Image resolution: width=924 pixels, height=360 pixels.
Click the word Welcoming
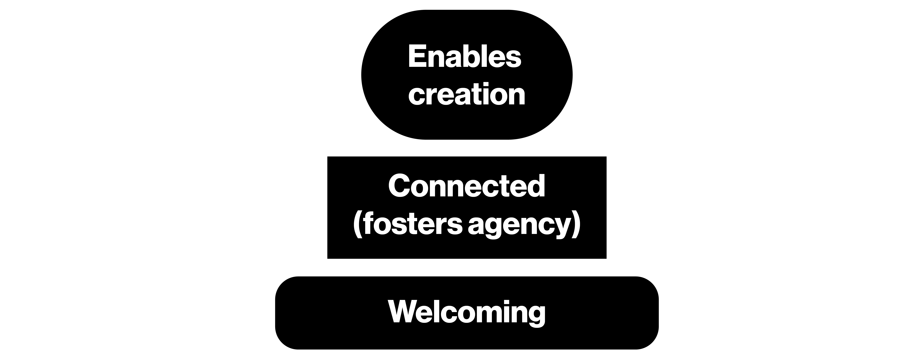(x=467, y=312)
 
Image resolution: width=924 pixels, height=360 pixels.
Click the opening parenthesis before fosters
(x=357, y=226)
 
